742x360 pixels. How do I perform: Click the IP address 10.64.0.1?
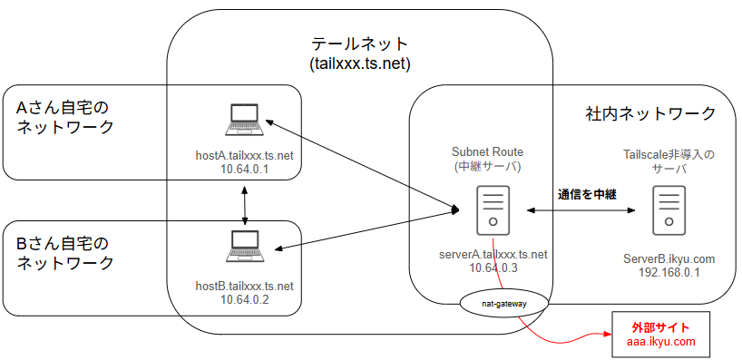(245, 170)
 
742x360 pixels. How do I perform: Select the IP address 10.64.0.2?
(245, 299)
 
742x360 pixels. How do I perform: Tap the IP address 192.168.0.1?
(669, 272)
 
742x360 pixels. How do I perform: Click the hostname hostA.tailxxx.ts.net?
(245, 156)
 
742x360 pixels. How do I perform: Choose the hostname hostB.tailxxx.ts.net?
(245, 286)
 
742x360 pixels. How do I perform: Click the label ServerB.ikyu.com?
(669, 258)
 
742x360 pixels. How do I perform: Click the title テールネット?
(360, 44)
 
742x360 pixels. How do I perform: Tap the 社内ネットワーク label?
(650, 114)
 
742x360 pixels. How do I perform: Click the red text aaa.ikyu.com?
(659, 342)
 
